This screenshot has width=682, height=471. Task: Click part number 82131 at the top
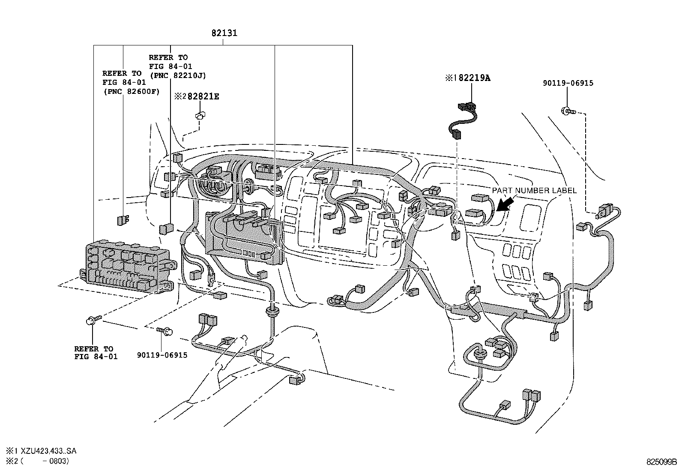coord(224,33)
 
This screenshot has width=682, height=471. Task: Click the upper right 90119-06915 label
coord(568,83)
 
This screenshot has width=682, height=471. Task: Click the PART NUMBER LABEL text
coord(534,191)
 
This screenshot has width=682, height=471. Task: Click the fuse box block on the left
coord(129,267)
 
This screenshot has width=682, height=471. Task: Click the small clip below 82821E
coord(200,115)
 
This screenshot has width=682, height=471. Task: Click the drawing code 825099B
coord(661,462)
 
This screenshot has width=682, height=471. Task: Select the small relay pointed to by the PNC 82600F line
coord(123,220)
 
